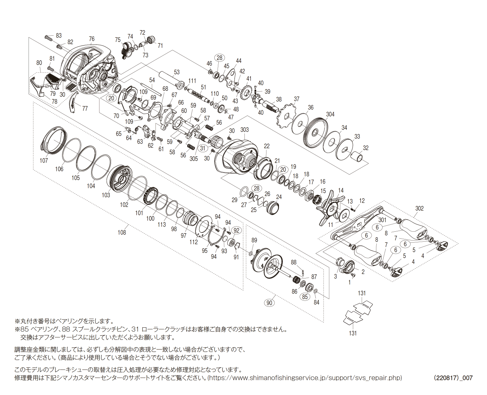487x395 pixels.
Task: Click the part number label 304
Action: click(330, 114)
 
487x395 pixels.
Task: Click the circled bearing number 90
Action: click(269, 302)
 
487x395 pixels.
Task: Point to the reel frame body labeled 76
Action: click(88, 70)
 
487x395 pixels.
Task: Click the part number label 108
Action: click(122, 232)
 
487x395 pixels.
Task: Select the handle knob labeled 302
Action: click(414, 228)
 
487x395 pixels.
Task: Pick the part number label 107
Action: click(44, 160)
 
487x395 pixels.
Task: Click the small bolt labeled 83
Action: click(49, 37)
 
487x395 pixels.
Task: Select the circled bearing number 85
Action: click(305, 296)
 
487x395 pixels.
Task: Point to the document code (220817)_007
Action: click(453, 378)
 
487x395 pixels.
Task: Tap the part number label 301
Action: click(382, 220)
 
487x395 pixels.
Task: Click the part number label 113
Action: click(162, 224)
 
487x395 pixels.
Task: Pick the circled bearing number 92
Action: click(236, 231)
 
